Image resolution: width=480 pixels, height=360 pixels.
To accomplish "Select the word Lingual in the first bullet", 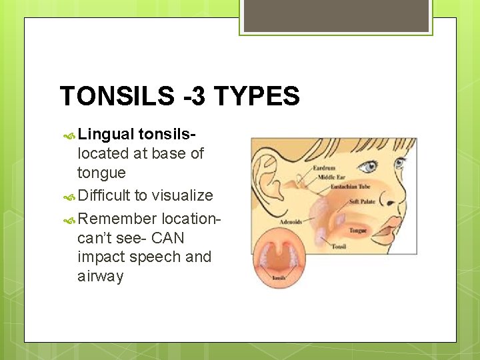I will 107,134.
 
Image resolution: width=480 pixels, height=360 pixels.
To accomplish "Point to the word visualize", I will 182,195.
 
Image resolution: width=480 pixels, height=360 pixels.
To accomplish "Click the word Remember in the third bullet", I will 117,219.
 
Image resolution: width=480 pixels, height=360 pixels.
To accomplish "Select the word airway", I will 100,276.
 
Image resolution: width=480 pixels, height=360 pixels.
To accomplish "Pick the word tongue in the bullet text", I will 101,173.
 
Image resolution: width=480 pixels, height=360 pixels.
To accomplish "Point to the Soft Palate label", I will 363,201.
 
